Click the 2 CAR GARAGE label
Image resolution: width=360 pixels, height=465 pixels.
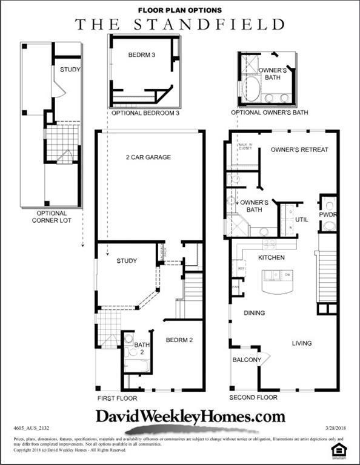[x=148, y=157]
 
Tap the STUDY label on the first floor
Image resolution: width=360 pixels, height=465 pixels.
[x=126, y=261]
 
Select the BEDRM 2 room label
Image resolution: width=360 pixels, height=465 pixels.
[x=179, y=340]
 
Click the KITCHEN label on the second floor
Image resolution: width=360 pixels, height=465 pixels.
[x=272, y=258]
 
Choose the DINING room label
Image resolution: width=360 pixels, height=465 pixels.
[x=255, y=313]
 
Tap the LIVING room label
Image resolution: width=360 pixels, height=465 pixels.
[x=302, y=343]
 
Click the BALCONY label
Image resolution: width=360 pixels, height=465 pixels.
[x=247, y=360]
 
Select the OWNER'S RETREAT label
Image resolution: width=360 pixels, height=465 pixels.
[x=299, y=150]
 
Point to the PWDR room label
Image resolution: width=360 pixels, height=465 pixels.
[x=328, y=214]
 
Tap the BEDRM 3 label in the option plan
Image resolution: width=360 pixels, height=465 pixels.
[x=142, y=55]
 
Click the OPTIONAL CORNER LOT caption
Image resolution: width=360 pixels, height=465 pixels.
[x=52, y=217]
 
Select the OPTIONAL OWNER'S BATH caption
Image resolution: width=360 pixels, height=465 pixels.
[x=269, y=113]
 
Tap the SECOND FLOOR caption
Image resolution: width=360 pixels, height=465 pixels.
[x=253, y=398]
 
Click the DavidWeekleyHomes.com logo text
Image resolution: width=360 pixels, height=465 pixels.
[x=190, y=416]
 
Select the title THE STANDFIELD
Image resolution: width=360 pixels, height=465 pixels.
[x=180, y=24]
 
